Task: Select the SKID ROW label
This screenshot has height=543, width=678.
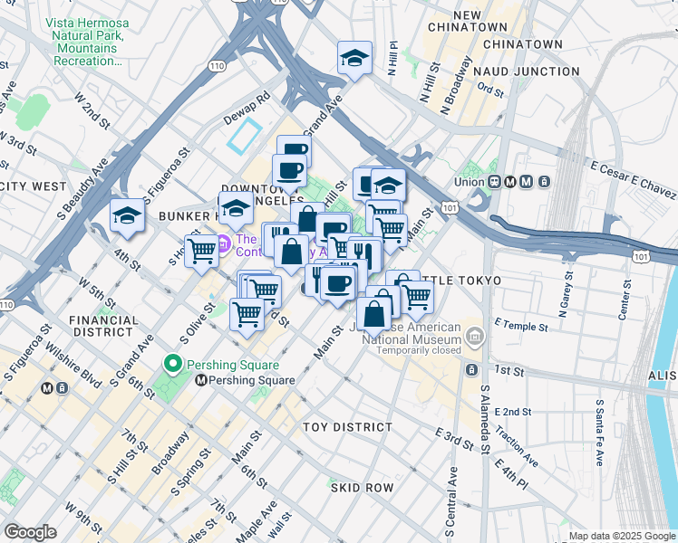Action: pos(361,488)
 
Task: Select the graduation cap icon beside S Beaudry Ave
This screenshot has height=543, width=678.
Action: pos(127,215)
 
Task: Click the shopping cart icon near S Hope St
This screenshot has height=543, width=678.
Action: pos(200,252)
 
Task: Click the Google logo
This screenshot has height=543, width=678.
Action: pos(30,532)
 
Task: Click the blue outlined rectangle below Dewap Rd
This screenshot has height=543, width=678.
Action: pos(244,137)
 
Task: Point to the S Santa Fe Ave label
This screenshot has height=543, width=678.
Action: pos(599,431)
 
